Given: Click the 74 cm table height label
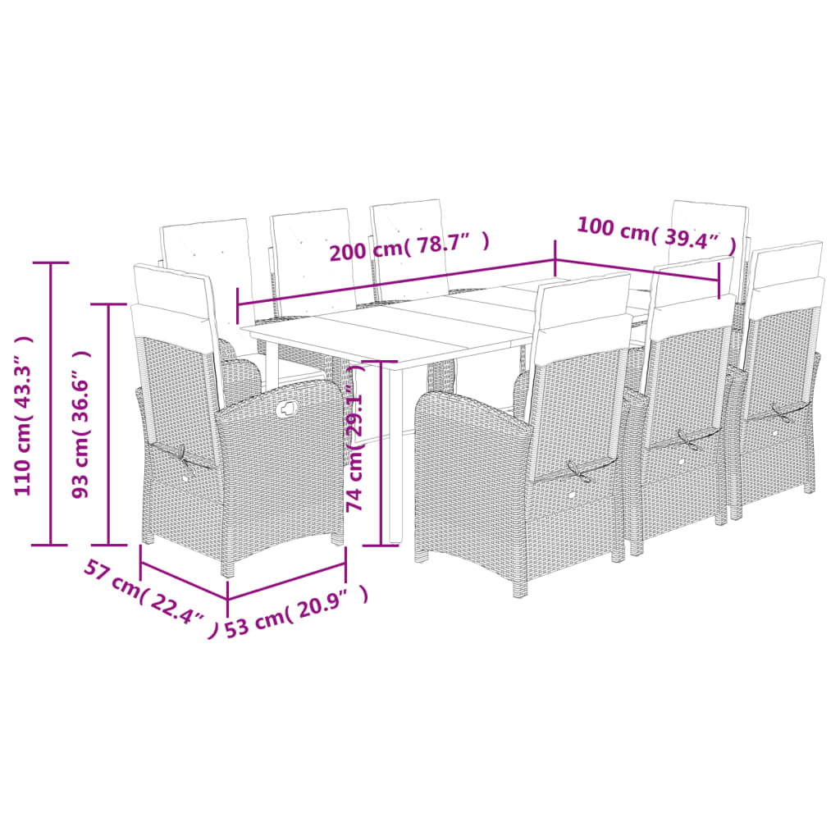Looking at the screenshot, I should pos(355,448).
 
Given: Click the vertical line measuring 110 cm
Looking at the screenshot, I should pos(51,403).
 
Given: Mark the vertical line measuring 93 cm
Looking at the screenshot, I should pos(110,424).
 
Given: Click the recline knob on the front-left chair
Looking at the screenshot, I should pos(287,409).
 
